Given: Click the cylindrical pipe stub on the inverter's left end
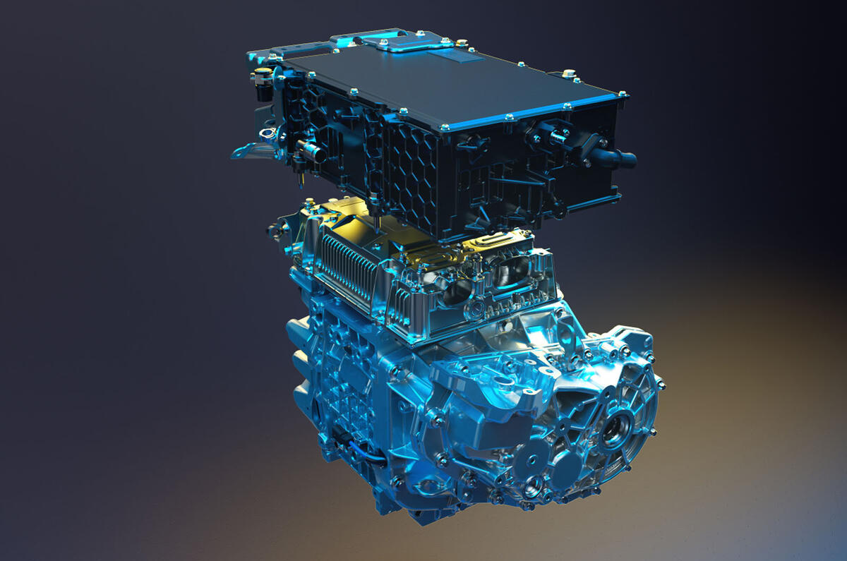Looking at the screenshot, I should click(308, 150).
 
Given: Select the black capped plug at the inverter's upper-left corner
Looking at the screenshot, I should click(263, 78).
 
